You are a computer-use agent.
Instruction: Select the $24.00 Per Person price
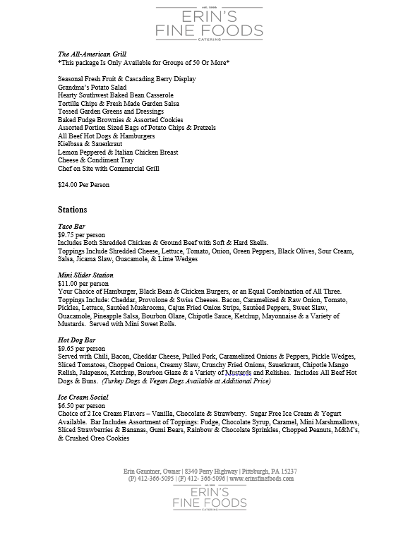(83, 185)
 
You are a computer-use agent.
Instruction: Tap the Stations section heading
(73, 210)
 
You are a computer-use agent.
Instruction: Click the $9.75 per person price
(80, 234)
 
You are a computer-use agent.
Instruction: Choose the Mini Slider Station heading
(85, 275)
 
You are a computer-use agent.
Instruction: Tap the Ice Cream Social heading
(83, 397)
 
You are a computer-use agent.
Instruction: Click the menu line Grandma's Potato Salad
(94, 87)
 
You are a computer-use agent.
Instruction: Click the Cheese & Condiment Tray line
(96, 160)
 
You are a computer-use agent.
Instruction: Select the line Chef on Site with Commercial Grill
(109, 169)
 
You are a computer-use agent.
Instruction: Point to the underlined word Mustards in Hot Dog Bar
(238, 373)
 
